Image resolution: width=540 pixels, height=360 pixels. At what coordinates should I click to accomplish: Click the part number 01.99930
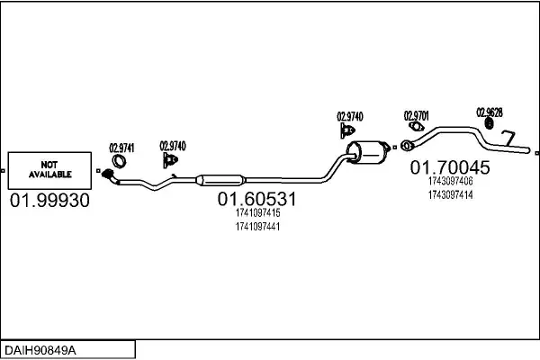click(49, 201)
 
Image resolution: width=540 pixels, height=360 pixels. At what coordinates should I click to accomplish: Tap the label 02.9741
click(121, 148)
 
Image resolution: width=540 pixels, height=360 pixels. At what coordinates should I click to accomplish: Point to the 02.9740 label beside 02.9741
click(173, 145)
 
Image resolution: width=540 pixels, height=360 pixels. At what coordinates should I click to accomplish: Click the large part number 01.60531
click(256, 199)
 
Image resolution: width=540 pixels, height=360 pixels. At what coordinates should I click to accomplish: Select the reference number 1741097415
click(257, 213)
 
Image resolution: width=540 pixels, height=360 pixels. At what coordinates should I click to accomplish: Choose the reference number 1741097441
click(257, 227)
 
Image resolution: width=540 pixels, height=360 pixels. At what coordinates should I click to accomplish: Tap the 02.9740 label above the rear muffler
click(350, 116)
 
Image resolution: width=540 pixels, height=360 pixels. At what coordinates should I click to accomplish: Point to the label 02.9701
click(416, 116)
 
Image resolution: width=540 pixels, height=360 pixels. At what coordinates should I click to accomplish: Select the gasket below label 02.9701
click(408, 145)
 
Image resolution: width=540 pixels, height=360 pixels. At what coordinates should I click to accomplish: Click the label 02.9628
click(489, 112)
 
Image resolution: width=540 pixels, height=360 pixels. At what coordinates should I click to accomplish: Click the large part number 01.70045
click(450, 167)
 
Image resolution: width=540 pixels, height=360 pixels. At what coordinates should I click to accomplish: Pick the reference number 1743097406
click(450, 181)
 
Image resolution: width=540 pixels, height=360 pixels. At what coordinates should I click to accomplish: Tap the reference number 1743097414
click(450, 194)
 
